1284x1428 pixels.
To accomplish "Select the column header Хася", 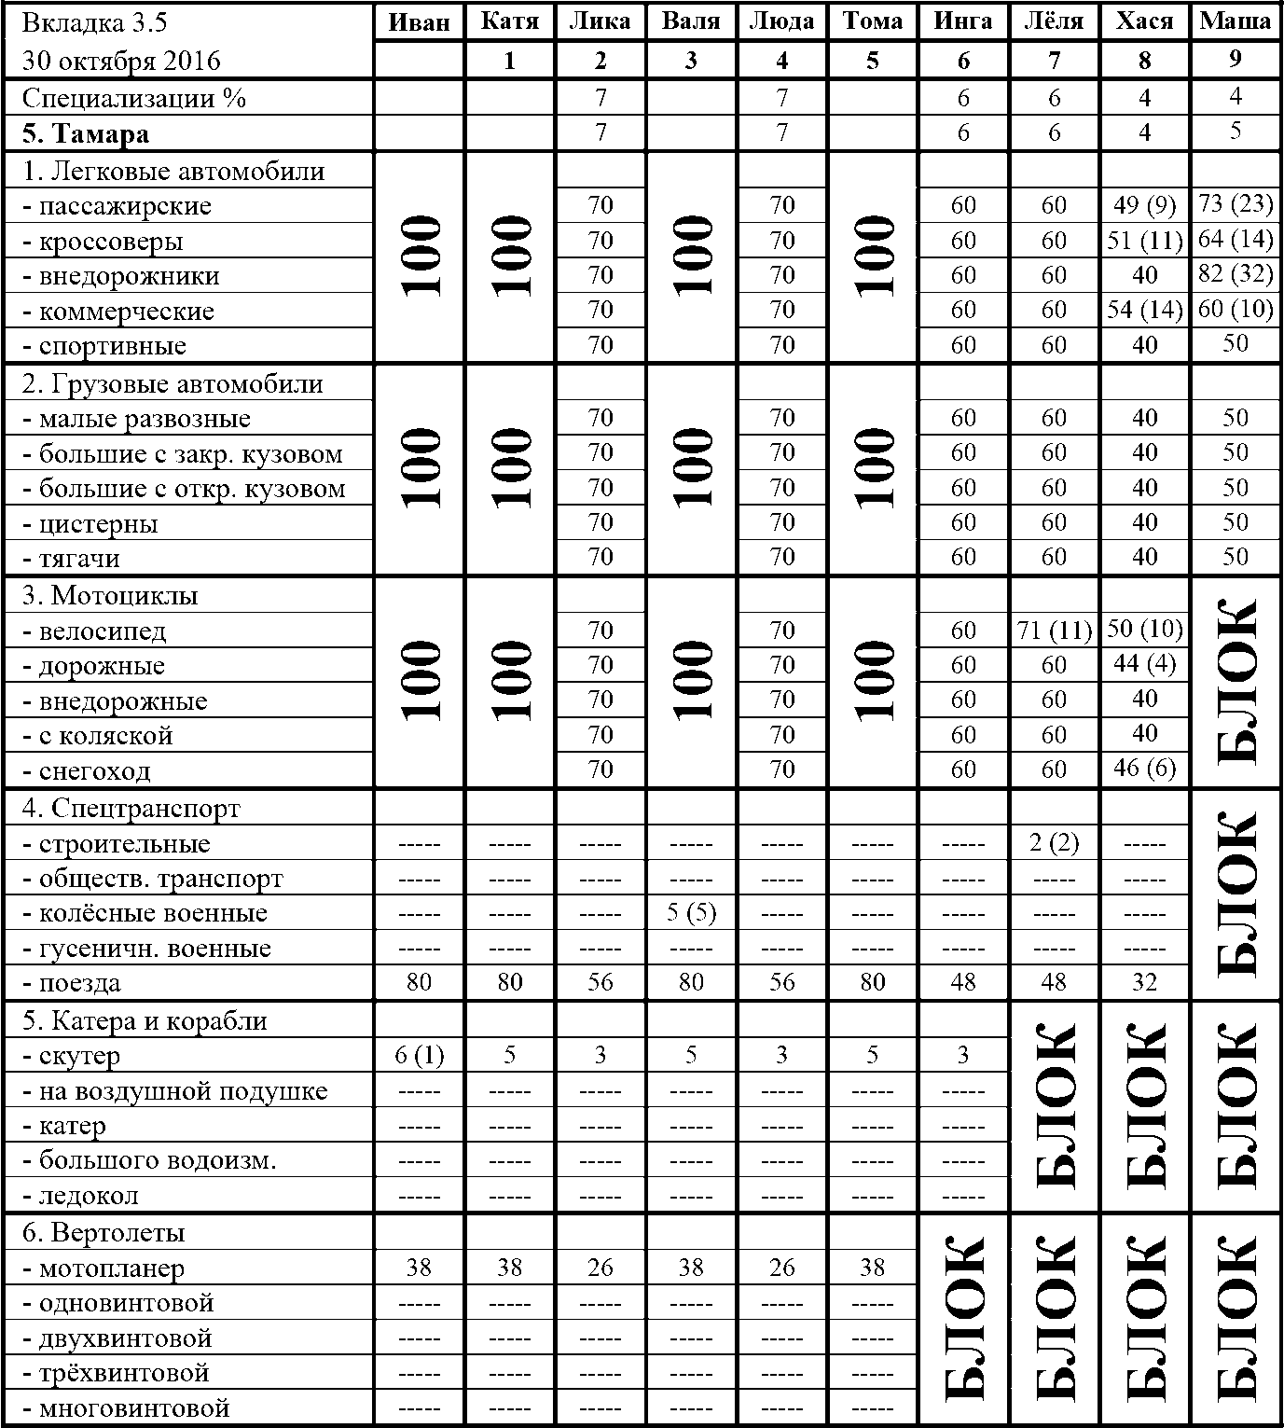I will (1144, 22).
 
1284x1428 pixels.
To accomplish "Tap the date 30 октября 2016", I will (121, 62).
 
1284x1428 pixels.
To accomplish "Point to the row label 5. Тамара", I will (86, 134).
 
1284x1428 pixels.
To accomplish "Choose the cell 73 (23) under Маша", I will (1235, 204).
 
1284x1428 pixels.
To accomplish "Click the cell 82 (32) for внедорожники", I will (1235, 274).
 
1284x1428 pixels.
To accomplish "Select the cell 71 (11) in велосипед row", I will (1055, 631).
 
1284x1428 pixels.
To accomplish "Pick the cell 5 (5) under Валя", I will (691, 912).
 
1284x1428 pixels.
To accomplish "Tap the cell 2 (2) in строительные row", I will (1055, 843).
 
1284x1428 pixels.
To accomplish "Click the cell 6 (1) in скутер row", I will (419, 1055).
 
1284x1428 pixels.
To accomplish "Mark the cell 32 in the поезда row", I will (1144, 982).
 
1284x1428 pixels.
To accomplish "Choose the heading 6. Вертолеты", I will (104, 1233).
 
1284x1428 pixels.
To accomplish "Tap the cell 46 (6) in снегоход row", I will (1144, 769).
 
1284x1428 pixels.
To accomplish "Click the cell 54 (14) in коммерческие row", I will (1144, 310).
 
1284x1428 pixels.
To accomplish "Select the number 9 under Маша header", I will (1235, 59).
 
